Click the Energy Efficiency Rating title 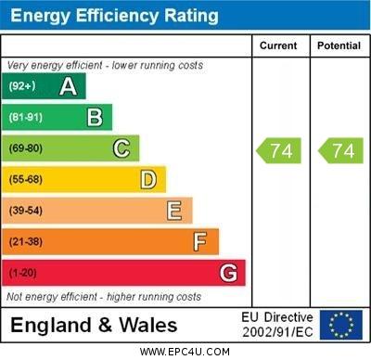[x=114, y=17]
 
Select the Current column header [x=278, y=45]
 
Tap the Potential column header [x=339, y=45]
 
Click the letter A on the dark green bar [x=68, y=86]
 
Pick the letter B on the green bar [x=95, y=117]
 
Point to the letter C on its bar [x=122, y=148]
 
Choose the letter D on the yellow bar [x=148, y=179]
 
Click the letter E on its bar [x=174, y=211]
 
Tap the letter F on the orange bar [x=200, y=241]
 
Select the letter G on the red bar [x=228, y=273]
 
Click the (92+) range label [x=22, y=86]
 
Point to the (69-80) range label [x=26, y=148]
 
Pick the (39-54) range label [x=26, y=211]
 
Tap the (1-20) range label [x=23, y=273]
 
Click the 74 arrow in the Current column [x=280, y=150]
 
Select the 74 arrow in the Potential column [x=340, y=150]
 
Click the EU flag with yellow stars [x=341, y=325]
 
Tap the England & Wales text [x=94, y=325]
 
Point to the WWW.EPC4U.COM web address [x=185, y=352]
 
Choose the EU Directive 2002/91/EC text [x=277, y=325]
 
